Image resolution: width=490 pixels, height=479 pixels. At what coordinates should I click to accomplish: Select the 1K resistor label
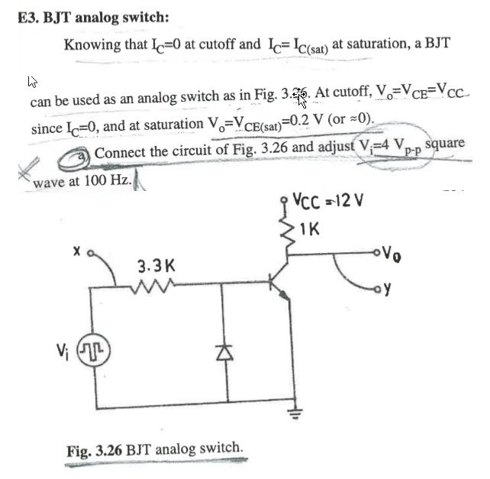click(x=311, y=228)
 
